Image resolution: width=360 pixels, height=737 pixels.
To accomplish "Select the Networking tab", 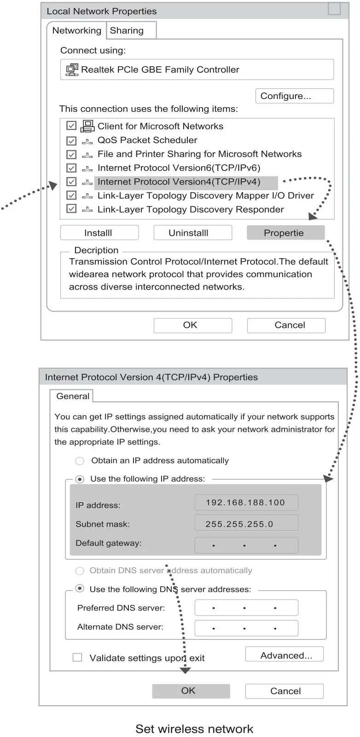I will coord(76,31).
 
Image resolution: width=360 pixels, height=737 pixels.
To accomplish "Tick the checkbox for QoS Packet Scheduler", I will coord(71,140).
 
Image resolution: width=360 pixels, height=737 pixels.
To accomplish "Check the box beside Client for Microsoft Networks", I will coord(71,126).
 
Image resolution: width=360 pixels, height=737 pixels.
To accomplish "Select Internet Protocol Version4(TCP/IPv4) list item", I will coord(179,182).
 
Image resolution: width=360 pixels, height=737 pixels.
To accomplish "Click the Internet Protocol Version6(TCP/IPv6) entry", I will coord(179,168).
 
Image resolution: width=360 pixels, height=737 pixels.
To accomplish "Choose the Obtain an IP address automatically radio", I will coord(80,461).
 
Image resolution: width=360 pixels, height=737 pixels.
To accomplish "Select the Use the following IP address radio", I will coord(80,479).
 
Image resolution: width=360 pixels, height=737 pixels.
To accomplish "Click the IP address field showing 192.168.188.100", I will coord(246,503).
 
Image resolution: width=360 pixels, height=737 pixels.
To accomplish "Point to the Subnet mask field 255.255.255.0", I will coord(246,524).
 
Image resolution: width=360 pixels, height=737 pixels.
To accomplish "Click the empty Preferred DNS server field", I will coord(246,608).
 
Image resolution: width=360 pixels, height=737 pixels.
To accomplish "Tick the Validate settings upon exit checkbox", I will coord(77,658).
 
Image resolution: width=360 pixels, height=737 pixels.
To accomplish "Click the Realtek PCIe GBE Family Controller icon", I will coord(72,70).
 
